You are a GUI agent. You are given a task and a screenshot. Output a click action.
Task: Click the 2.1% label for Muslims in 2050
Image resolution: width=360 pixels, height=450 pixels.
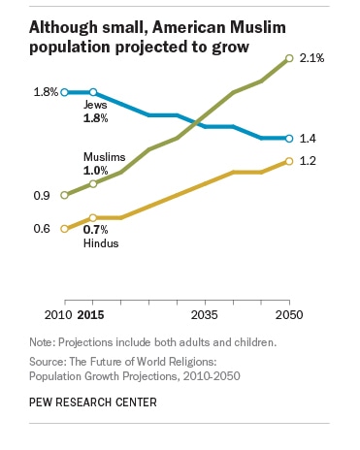pos(312,59)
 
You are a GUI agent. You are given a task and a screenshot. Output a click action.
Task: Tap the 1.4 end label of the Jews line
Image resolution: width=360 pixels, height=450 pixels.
pos(308,140)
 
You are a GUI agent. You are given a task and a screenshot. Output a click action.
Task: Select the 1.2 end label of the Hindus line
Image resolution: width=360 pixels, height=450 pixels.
pos(308,161)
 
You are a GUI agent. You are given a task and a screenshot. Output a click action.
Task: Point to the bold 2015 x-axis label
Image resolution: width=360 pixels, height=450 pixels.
pos(91,315)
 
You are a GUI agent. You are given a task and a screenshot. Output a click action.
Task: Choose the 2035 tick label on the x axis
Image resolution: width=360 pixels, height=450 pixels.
pos(204,315)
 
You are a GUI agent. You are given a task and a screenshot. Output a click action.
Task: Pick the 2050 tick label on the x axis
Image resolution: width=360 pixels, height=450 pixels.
pos(289,315)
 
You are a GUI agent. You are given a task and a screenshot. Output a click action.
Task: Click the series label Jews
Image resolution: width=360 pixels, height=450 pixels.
pos(96,105)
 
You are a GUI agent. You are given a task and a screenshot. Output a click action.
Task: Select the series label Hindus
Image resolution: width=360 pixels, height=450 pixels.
pos(101,242)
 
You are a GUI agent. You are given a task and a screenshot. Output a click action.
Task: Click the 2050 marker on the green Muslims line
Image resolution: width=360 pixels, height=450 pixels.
pos(288,58)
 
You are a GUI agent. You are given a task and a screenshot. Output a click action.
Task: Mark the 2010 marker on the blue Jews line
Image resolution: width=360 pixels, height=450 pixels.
pos(63,92)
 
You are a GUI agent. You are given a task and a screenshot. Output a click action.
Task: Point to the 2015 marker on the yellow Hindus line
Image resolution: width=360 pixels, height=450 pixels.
pos(92,218)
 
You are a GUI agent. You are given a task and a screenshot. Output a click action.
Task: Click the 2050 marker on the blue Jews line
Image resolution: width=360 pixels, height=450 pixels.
pos(288,139)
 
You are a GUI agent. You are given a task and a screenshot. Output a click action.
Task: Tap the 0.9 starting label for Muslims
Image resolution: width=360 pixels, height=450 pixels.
pos(42,196)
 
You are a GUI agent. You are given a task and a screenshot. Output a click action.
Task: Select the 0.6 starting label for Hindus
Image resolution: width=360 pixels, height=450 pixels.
pos(42,229)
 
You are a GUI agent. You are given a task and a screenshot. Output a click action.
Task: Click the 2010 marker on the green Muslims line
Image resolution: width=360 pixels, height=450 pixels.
pos(63,195)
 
